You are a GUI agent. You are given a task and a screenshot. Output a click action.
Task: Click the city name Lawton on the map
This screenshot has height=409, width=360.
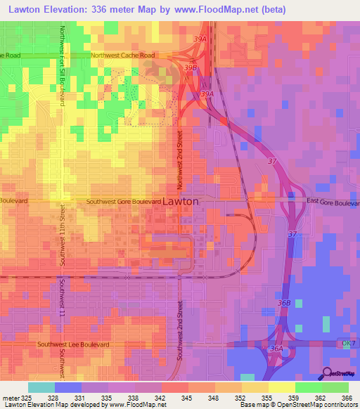pos(181,201)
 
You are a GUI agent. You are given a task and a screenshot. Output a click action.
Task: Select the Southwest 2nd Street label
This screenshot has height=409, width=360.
pos(180,331)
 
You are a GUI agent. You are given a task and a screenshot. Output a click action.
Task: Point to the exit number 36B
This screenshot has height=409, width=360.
pos(285,302)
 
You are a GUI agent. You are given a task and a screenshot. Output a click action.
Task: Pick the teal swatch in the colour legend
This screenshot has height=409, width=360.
pos(41,387)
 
